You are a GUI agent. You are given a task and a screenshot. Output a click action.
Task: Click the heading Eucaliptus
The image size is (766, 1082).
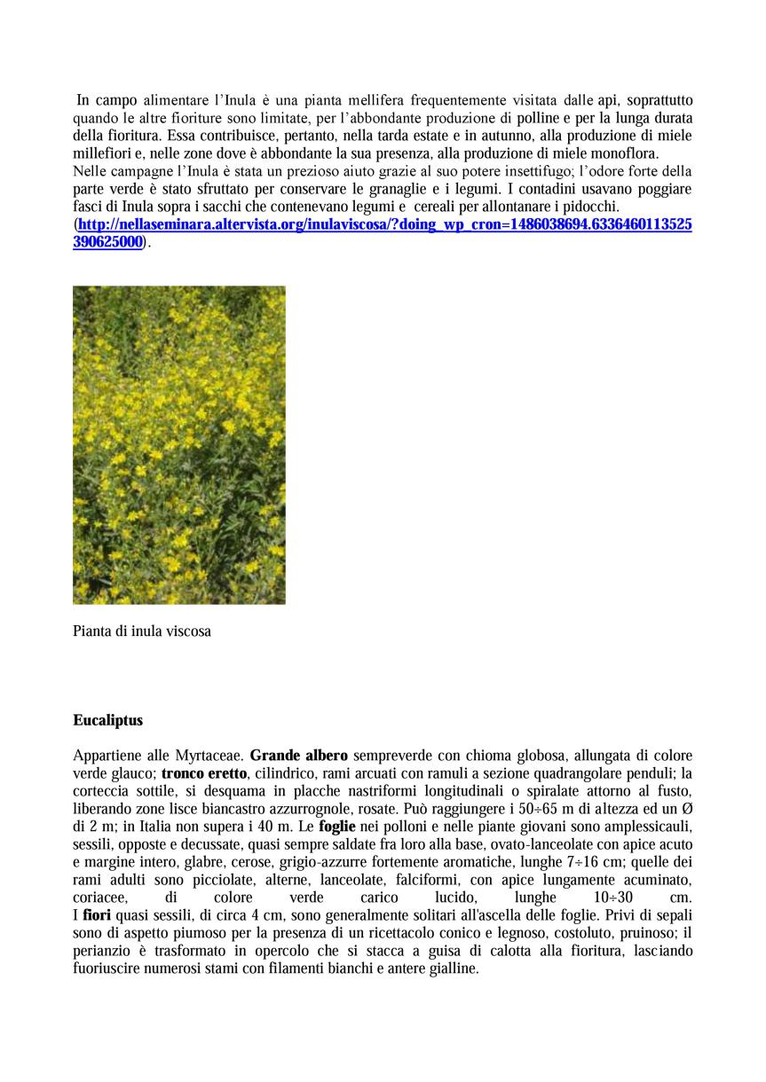(107, 720)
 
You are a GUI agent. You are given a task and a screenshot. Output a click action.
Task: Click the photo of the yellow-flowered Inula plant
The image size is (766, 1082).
(179, 444)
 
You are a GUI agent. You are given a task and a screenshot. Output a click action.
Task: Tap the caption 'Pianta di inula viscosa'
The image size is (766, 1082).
(142, 632)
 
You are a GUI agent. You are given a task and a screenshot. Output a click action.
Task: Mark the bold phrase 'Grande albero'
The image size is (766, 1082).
(299, 757)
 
